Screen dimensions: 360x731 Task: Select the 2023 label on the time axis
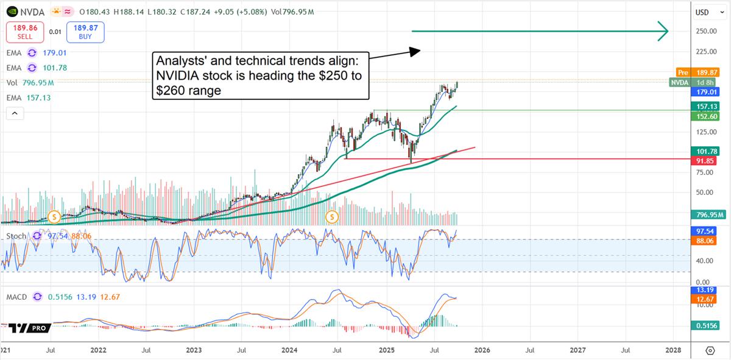point(194,350)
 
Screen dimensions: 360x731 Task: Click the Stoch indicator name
point(16,236)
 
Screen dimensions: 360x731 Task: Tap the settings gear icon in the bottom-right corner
point(710,350)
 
